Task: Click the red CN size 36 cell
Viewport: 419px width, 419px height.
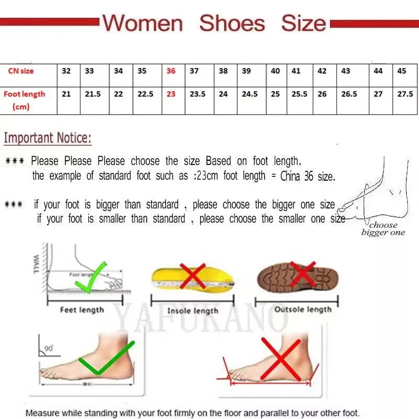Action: click(171, 71)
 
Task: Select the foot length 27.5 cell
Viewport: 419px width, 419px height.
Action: click(405, 94)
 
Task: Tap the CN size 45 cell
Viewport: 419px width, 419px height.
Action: click(402, 71)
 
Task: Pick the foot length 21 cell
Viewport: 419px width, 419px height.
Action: click(67, 94)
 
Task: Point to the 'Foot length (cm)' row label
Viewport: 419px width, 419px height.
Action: click(24, 100)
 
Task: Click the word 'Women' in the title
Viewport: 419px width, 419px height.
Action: click(142, 24)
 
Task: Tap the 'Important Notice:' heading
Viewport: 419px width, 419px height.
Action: click(48, 138)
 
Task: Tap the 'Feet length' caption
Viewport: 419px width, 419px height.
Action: click(82, 310)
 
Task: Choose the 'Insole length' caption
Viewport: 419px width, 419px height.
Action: click(192, 311)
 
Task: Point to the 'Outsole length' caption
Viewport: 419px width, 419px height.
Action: click(303, 310)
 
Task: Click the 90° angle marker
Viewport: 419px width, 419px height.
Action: click(48, 348)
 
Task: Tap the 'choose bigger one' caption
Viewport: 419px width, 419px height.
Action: click(383, 229)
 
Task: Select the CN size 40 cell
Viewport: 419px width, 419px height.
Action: click(275, 71)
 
